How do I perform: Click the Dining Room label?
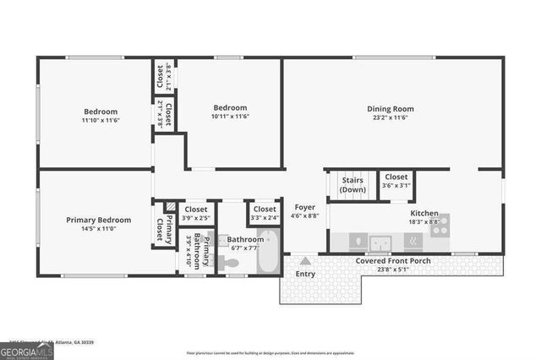point(390,108)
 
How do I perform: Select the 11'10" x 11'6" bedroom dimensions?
point(100,122)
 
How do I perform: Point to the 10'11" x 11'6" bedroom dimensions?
point(230,117)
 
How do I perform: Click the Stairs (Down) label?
point(352,185)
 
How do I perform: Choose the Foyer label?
point(305,207)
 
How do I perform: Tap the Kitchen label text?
point(424,214)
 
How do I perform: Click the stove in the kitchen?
point(440,225)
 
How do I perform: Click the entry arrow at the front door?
point(305,260)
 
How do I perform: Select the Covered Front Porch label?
point(393,261)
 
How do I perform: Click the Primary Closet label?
point(162,228)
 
